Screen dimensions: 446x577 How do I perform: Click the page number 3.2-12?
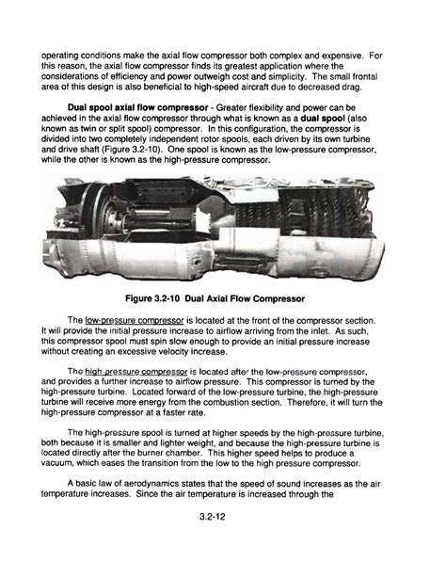click(x=222, y=541)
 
